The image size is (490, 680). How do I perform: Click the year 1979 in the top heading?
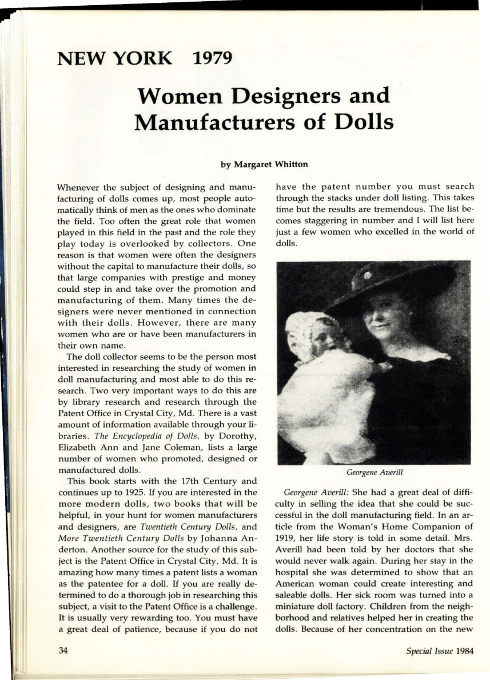pos(213,58)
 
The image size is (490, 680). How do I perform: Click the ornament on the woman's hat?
pos(367,275)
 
